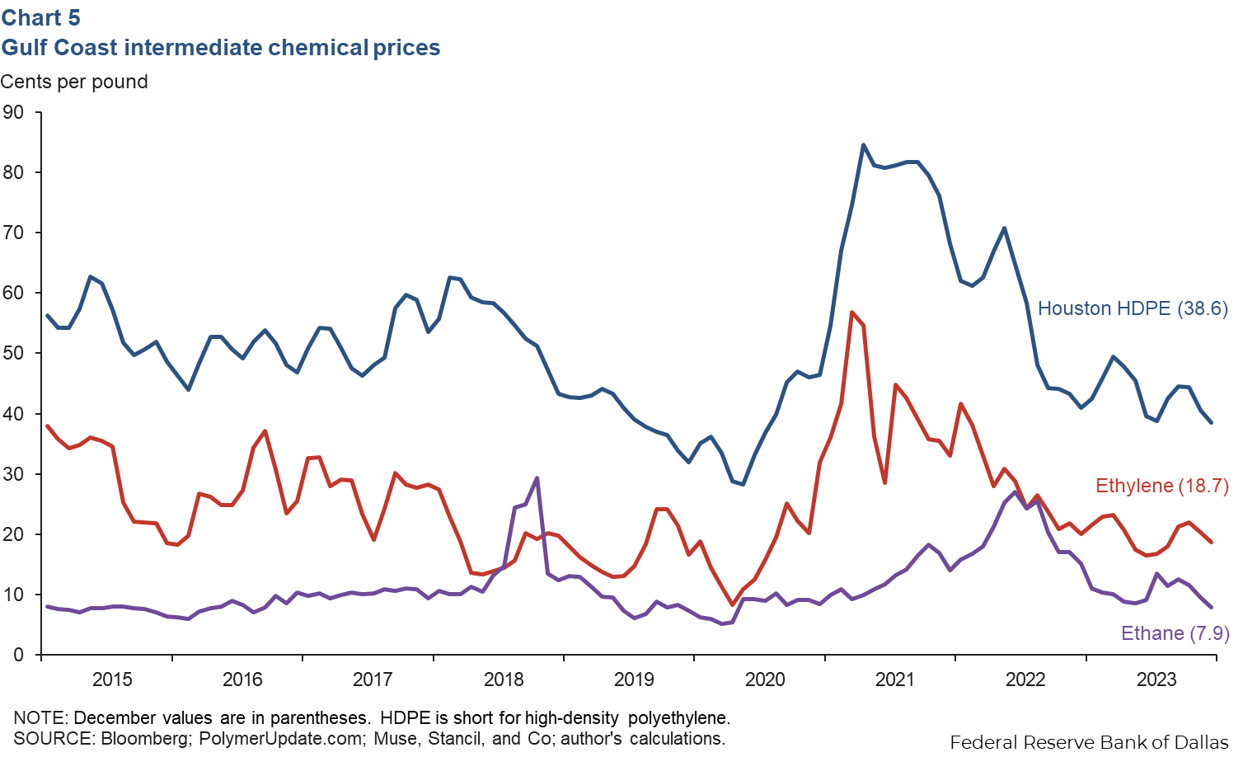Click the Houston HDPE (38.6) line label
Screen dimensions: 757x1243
click(x=1132, y=308)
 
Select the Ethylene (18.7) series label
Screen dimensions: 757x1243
click(x=1161, y=486)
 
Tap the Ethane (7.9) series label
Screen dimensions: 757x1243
click(x=1175, y=633)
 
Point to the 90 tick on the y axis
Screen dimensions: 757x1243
click(x=13, y=112)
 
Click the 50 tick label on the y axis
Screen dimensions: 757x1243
click(x=13, y=353)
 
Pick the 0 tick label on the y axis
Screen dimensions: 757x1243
click(x=18, y=655)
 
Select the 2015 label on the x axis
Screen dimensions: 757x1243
click(x=112, y=679)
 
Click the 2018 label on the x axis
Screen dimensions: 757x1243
click(x=504, y=679)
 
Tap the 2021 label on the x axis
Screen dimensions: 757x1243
click(x=895, y=679)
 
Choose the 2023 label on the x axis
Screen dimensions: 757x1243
click(x=1156, y=679)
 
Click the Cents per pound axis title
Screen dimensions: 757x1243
click(x=74, y=82)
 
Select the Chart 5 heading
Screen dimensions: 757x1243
click(x=40, y=17)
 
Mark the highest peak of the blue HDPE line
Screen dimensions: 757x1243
click(x=863, y=145)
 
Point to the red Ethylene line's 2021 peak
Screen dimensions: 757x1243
click(x=851, y=313)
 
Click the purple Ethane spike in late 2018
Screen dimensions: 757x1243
click(x=537, y=478)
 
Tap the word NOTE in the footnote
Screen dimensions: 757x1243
click(x=39, y=718)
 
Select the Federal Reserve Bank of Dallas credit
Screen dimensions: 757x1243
click(x=1089, y=742)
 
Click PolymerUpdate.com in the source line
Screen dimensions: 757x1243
click(x=278, y=739)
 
